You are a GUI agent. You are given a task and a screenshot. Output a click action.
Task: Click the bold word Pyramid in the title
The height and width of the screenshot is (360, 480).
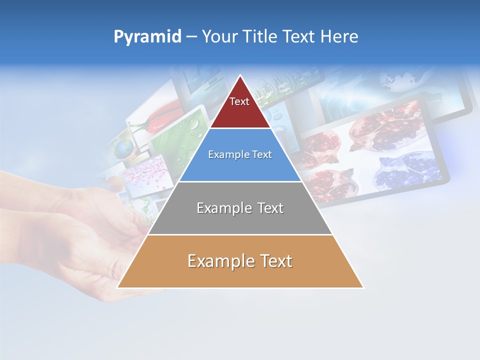click(147, 36)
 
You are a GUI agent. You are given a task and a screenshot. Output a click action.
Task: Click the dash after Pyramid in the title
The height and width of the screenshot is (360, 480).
click(191, 37)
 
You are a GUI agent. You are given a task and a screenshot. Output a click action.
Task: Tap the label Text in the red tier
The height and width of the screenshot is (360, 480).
click(239, 101)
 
